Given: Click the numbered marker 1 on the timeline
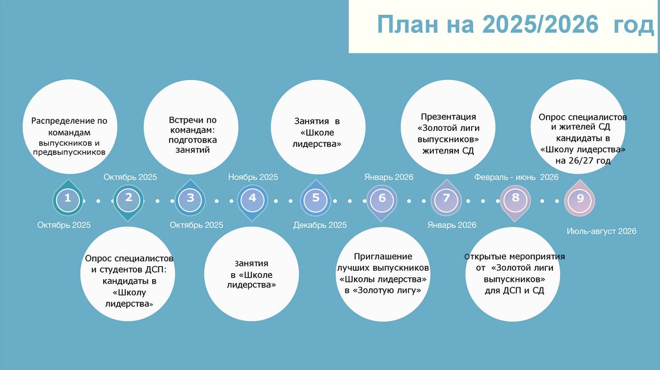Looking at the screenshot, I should tap(67, 200).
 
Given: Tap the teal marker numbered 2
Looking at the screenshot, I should tap(129, 199).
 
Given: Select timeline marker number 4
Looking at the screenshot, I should tap(253, 199).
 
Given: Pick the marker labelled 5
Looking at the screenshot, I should tap(316, 199).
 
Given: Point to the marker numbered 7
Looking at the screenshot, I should tap(445, 199).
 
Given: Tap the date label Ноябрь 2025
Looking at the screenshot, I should tap(253, 177).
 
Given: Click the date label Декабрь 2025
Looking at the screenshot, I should tap(320, 225).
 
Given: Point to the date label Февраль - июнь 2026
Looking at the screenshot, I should tap(516, 177).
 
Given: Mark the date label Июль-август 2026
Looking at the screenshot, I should tap(601, 231).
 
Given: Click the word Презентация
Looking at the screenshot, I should tap(448, 117).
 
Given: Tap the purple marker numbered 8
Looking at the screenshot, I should tap(516, 199).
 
